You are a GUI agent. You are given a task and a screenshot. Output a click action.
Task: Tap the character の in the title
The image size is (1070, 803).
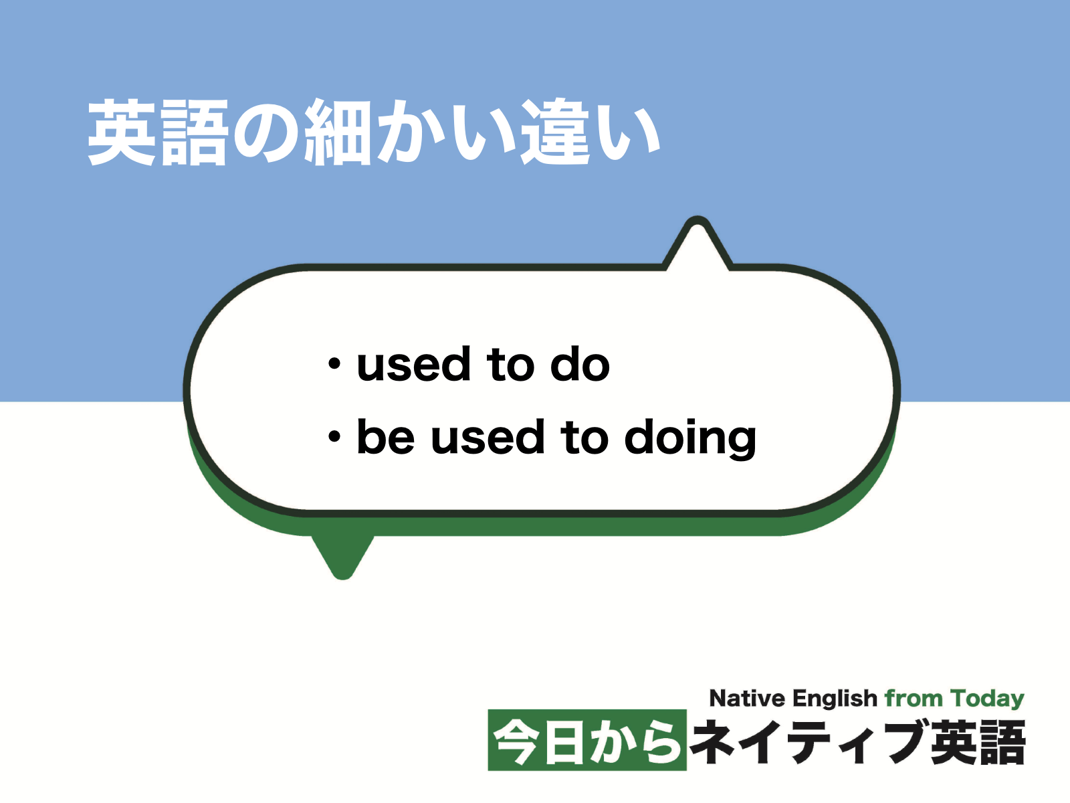[266, 132]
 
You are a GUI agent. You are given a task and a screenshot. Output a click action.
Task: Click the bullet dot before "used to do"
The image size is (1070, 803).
[334, 365]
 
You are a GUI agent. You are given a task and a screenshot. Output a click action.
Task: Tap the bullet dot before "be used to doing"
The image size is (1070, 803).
[334, 438]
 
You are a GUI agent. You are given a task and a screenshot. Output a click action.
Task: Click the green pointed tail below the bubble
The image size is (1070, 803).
[342, 555]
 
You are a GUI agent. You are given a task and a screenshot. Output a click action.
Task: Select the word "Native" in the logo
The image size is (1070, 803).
[747, 699]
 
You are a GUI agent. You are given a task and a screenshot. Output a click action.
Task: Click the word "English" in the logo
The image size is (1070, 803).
[835, 699]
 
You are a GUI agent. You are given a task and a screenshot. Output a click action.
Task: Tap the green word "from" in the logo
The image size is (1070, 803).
[914, 699]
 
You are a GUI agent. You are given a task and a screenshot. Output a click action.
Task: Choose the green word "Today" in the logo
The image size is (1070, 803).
[987, 699]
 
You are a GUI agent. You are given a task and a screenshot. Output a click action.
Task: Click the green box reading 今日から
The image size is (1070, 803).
[587, 741]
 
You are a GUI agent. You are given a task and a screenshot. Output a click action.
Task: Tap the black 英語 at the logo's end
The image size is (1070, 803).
[978, 741]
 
